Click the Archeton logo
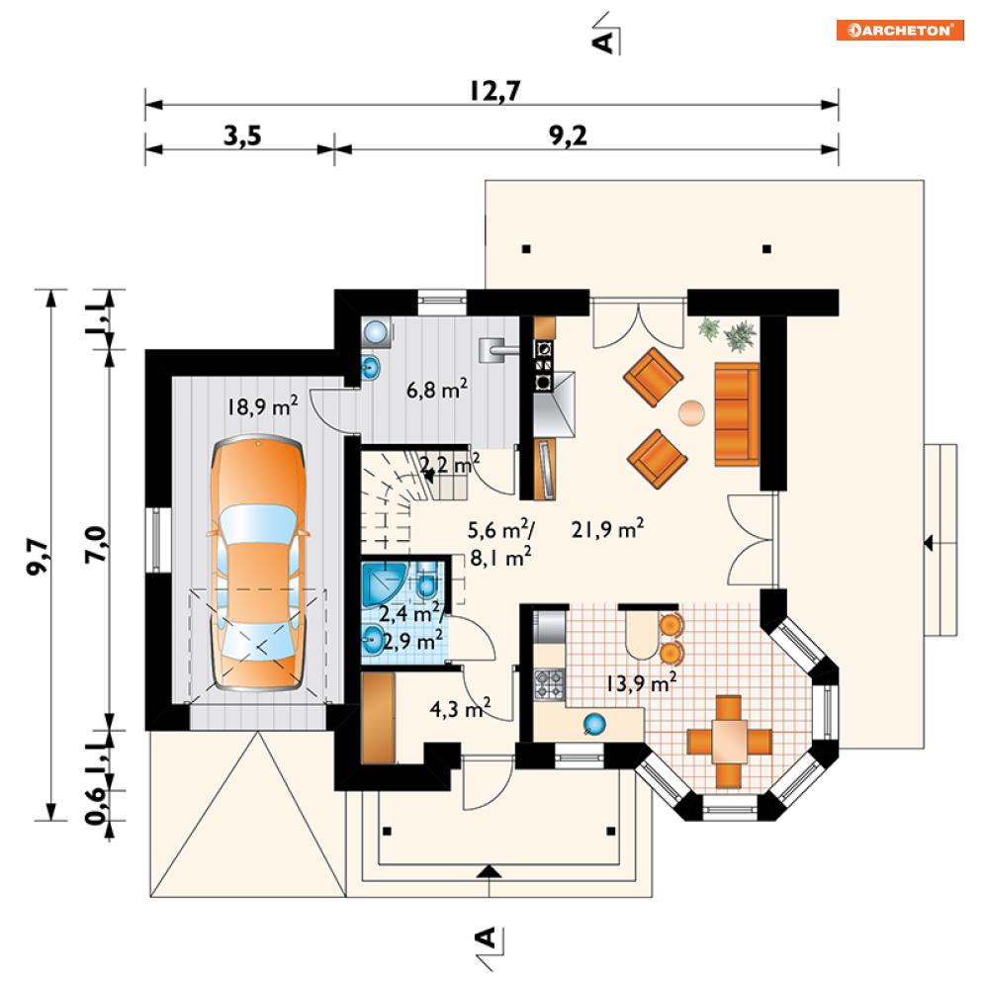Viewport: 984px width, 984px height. click(899, 30)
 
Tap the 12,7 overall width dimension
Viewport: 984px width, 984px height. click(492, 90)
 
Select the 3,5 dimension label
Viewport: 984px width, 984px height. click(241, 135)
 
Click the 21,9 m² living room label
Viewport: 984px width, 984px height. click(608, 530)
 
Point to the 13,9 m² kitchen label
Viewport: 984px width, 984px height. click(642, 680)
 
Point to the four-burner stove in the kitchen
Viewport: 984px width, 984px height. click(550, 682)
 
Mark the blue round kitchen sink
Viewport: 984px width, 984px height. click(593, 724)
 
